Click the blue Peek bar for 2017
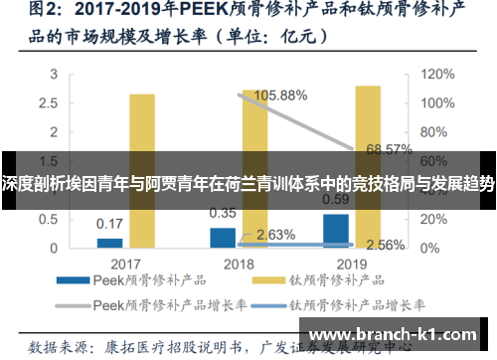click(x=109, y=243)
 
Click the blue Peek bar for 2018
click(x=223, y=237)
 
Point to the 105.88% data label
click(x=281, y=95)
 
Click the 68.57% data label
click(x=389, y=149)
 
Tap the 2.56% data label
click(x=386, y=244)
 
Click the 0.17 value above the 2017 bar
click(x=109, y=223)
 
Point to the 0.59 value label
click(x=336, y=198)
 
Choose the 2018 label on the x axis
click(x=238, y=264)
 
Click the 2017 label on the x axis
click(x=124, y=264)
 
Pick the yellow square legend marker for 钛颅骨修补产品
click(x=267, y=281)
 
